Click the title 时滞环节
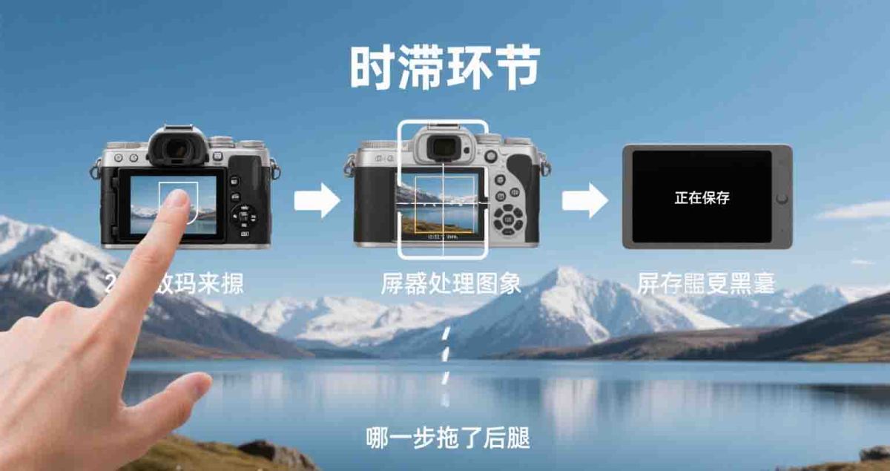click(444, 70)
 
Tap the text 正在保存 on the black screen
click(702, 198)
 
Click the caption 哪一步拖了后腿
click(448, 437)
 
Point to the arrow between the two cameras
click(317, 200)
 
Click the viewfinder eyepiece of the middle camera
click(443, 145)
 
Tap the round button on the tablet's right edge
click(781, 198)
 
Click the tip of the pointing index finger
click(177, 198)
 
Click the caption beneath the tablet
click(705, 283)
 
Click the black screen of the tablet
click(702, 178)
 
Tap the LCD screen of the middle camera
click(438, 206)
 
